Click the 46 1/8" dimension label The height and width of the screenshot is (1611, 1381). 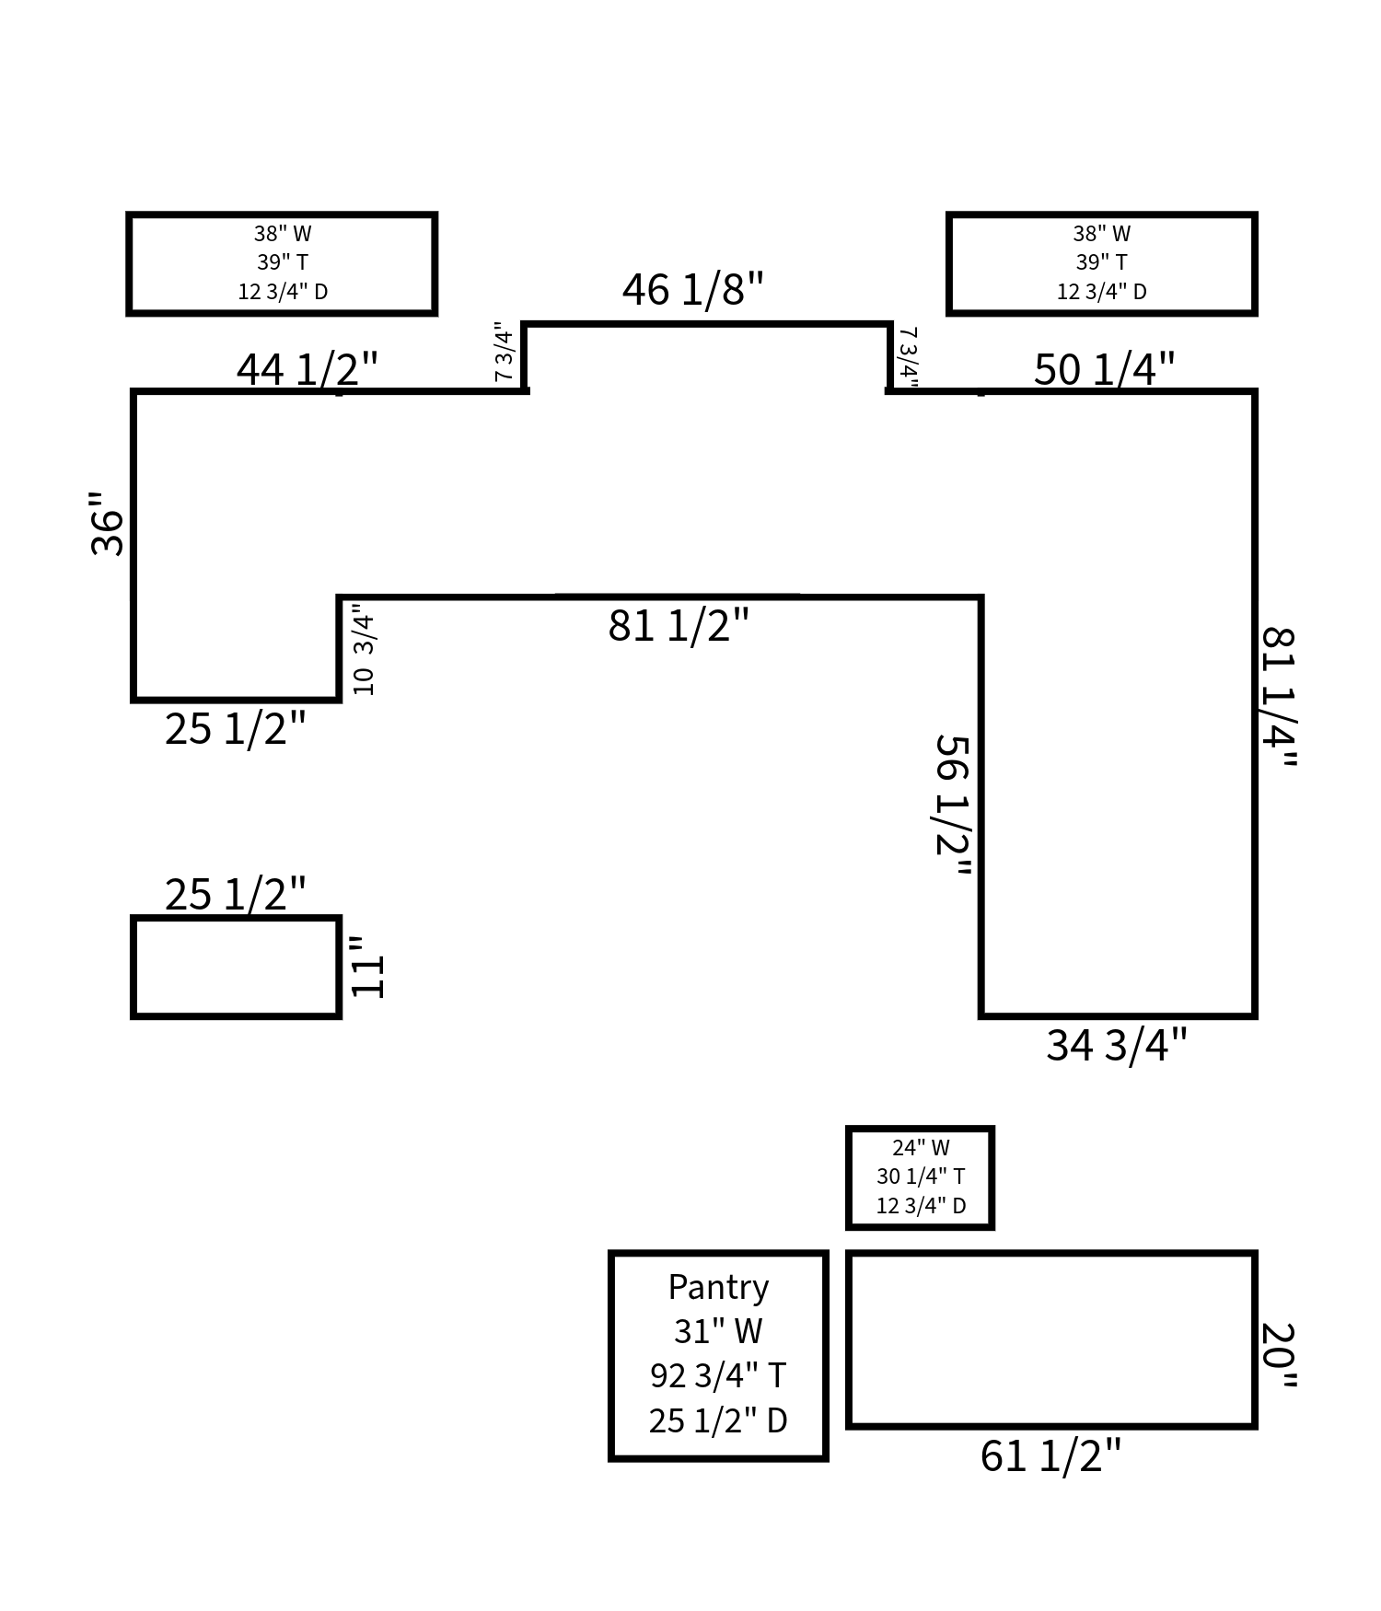pyautogui.click(x=692, y=290)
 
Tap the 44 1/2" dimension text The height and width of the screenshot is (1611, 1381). pyautogui.click(x=307, y=370)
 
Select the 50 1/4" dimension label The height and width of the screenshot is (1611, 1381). pyautogui.click(x=1103, y=370)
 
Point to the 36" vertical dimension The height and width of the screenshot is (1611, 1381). pyautogui.click(x=108, y=523)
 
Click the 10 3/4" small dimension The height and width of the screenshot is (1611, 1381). pyautogui.click(x=364, y=649)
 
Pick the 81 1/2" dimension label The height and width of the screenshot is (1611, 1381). pyautogui.click(x=679, y=626)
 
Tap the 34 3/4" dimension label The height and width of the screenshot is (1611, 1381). pyautogui.click(x=1116, y=1046)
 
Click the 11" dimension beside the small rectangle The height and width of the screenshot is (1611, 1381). pyautogui.click(x=367, y=967)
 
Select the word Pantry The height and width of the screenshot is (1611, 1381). pyautogui.click(x=718, y=1287)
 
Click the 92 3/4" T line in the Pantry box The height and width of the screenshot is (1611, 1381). pyautogui.click(x=718, y=1375)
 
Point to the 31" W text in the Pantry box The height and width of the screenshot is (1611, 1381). pyautogui.click(x=718, y=1331)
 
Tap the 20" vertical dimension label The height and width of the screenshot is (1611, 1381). pyautogui.click(x=1278, y=1356)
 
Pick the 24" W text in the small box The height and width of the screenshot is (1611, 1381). pyautogui.click(x=921, y=1148)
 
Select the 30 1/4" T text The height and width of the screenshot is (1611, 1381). pyautogui.click(x=921, y=1176)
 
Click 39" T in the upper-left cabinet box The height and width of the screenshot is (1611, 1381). pyautogui.click(x=282, y=262)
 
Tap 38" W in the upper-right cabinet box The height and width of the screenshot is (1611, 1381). pyautogui.click(x=1101, y=234)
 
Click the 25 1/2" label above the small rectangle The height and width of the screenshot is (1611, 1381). pyautogui.click(x=235, y=895)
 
